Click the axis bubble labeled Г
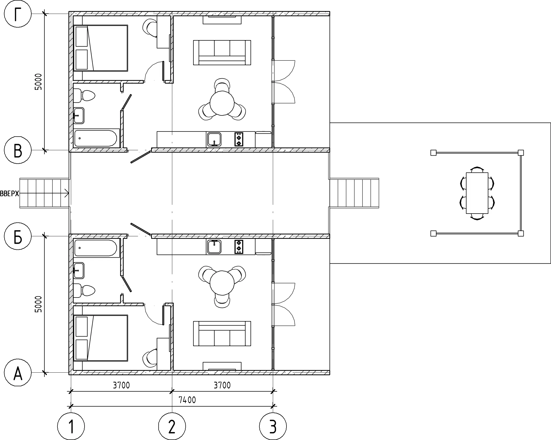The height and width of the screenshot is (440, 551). point(18,14)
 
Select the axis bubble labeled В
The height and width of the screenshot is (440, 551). point(18,150)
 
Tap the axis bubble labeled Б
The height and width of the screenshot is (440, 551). point(18,236)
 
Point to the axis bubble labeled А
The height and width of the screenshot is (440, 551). point(18,373)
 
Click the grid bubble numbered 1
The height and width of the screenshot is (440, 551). point(71,426)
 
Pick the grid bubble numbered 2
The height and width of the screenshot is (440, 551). point(172,426)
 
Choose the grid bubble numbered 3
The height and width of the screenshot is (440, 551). point(273,426)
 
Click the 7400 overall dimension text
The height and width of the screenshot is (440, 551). point(187,400)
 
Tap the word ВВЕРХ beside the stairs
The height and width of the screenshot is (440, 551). point(10,193)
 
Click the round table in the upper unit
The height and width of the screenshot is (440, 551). point(222,103)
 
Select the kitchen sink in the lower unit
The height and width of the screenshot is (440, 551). point(214,247)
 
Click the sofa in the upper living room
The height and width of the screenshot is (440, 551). point(222,53)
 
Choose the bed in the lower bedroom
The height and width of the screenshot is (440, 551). point(100,338)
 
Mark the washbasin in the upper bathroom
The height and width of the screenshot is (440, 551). point(79,115)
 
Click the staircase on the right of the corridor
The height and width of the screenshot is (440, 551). point(354,193)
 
